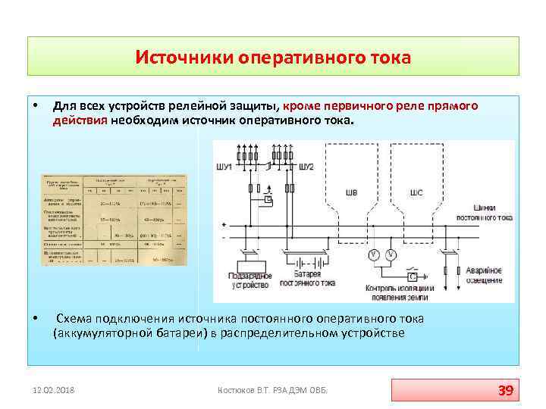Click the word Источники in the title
184,58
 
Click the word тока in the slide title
388,58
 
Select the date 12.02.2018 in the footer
54,390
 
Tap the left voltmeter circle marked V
374,254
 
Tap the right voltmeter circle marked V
391,254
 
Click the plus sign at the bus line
224,224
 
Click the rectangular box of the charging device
249,266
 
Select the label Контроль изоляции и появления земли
400,292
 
